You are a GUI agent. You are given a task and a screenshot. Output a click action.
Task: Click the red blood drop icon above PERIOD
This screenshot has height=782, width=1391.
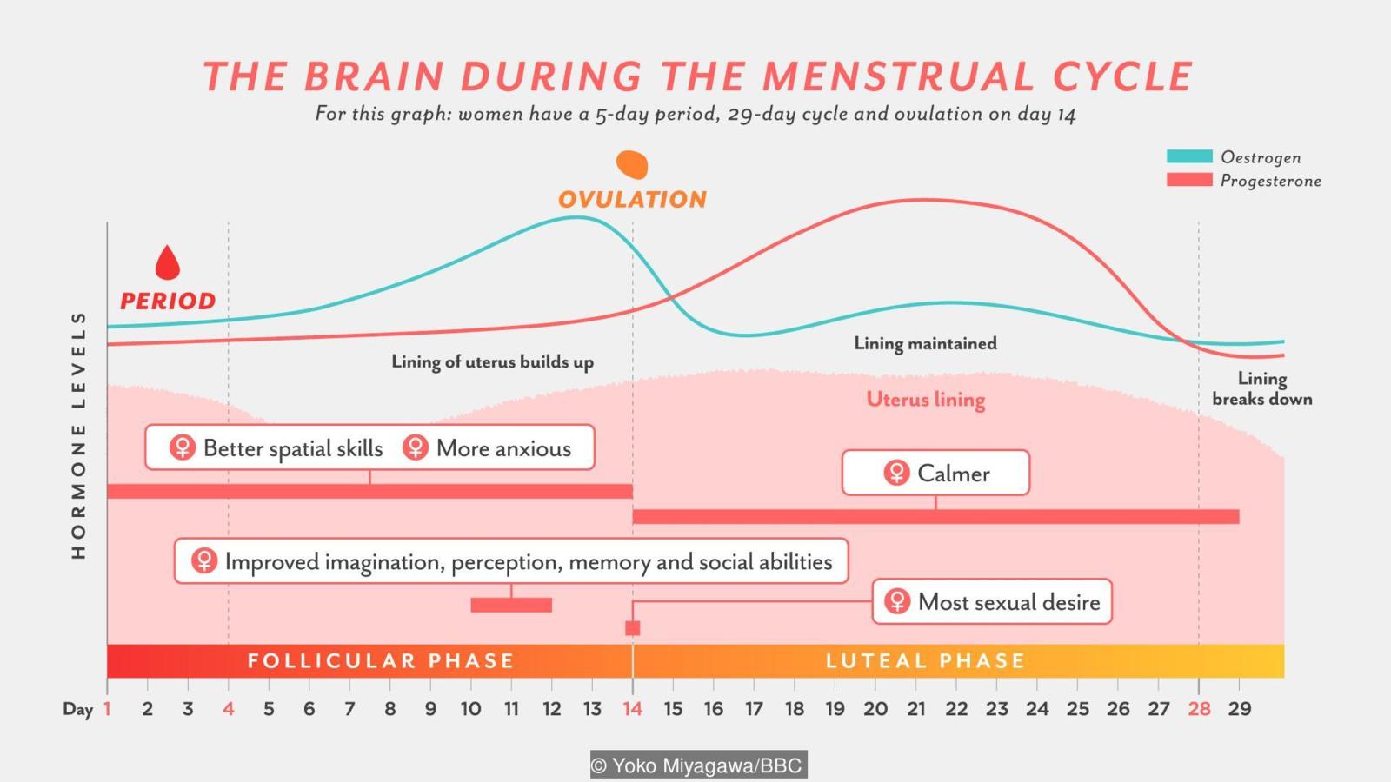click(x=167, y=263)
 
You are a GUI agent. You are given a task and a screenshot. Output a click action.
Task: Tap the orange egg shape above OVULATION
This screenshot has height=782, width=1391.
click(x=632, y=164)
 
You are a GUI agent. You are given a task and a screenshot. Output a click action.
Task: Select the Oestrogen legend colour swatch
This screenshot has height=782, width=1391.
click(x=1188, y=156)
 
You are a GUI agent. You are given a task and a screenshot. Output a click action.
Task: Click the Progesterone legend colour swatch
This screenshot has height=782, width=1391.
click(x=1188, y=180)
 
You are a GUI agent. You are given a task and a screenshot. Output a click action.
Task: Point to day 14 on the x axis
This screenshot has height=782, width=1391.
click(x=632, y=709)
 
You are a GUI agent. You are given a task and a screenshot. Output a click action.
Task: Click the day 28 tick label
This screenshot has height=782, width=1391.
click(x=1199, y=709)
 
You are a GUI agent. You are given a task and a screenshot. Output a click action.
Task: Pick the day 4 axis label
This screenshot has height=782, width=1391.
click(x=228, y=709)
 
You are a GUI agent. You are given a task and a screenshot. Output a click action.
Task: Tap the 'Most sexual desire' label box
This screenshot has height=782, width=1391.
click(x=992, y=601)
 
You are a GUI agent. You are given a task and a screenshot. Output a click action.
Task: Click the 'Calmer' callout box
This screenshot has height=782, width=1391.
click(x=935, y=473)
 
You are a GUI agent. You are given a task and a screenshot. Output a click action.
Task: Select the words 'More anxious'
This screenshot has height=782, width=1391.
click(x=503, y=448)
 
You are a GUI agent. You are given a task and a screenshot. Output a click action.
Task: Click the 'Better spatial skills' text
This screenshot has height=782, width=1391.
click(x=292, y=448)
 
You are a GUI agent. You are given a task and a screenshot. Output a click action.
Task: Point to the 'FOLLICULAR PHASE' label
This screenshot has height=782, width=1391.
click(x=381, y=661)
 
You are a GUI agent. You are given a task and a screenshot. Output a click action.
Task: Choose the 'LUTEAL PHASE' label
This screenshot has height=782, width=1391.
click(x=925, y=661)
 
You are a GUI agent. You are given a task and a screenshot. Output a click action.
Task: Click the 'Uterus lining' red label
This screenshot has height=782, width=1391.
click(x=926, y=400)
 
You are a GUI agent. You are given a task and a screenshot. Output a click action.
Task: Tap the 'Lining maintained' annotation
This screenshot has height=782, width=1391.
click(x=925, y=343)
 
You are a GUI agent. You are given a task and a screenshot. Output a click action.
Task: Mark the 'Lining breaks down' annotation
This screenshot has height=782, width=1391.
click(x=1262, y=388)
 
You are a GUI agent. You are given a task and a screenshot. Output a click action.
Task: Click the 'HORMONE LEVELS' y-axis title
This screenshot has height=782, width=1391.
click(x=78, y=434)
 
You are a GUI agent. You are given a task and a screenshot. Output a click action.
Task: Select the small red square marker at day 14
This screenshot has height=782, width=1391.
click(x=633, y=628)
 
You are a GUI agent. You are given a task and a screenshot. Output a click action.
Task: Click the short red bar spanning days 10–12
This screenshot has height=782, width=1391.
click(x=511, y=605)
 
